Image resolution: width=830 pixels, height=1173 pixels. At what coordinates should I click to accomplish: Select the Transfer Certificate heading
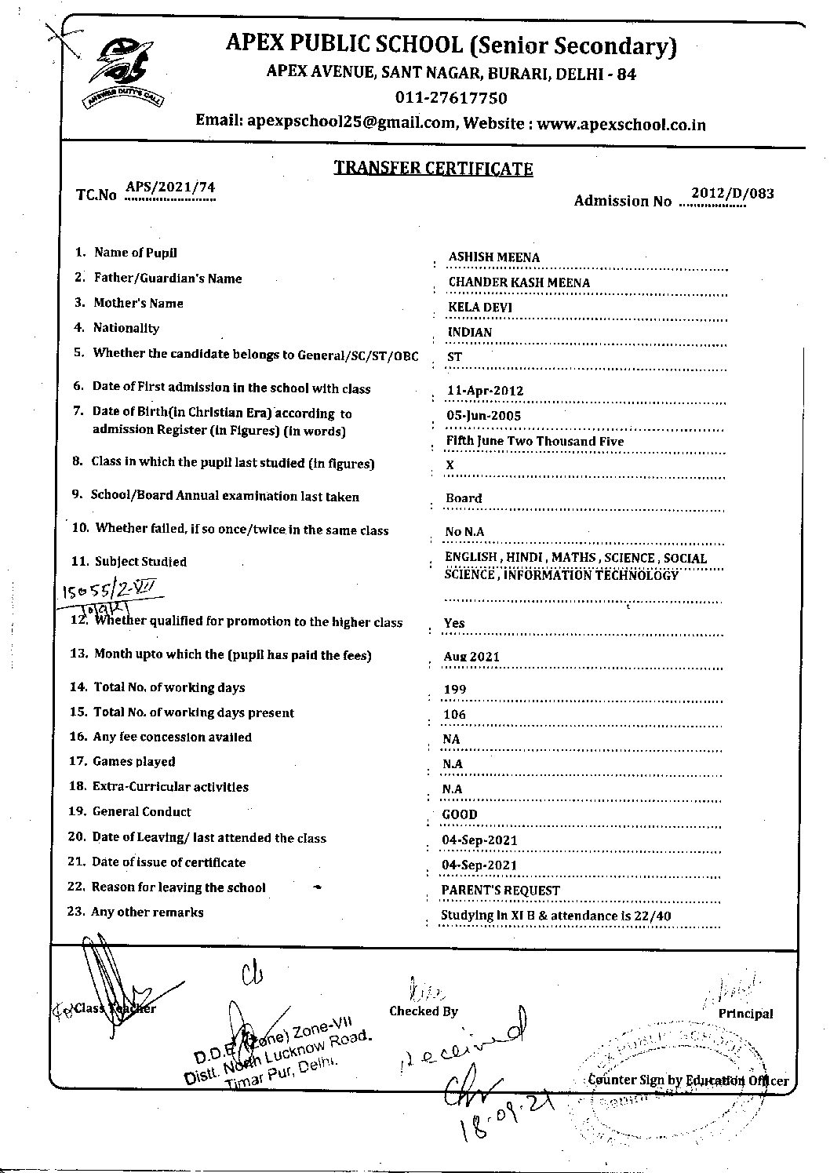tap(433, 168)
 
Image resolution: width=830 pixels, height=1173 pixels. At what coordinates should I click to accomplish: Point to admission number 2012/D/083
tap(732, 194)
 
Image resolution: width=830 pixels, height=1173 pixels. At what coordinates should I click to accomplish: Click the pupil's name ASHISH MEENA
tap(493, 257)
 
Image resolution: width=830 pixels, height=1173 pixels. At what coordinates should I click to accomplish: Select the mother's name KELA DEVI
tap(479, 307)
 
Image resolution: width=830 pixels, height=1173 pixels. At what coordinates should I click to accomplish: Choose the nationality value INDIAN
tap(469, 332)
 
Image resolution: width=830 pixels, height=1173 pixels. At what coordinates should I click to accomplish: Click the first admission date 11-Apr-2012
tap(484, 391)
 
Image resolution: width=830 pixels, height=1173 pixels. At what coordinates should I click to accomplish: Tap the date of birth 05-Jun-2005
tap(484, 416)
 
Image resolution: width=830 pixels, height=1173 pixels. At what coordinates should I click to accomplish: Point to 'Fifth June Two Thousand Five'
tap(534, 441)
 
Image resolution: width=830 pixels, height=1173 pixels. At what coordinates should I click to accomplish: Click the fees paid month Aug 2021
tap(471, 657)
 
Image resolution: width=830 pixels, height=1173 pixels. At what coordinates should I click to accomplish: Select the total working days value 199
tap(454, 690)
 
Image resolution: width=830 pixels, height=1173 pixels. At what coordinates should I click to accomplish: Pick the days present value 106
tap(454, 715)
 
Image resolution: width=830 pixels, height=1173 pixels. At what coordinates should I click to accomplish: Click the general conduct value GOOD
tap(460, 814)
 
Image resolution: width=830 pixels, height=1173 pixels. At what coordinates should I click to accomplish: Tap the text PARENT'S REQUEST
tap(501, 891)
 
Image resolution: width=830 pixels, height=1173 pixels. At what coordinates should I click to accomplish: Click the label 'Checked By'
tap(423, 1011)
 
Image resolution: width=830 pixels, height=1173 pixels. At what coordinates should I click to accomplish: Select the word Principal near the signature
tap(745, 1014)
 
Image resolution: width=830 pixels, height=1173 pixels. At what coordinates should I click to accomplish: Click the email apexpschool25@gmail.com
tap(351, 122)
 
